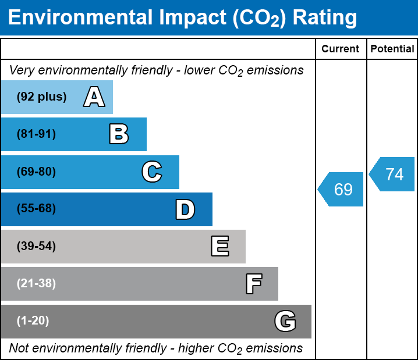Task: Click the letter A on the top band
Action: [x=94, y=97]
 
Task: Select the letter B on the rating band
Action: [x=119, y=134]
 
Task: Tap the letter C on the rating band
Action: [x=151, y=172]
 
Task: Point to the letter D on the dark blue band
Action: [x=185, y=209]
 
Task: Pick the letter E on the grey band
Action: [x=219, y=247]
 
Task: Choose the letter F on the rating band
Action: [x=253, y=284]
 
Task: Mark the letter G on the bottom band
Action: [x=285, y=321]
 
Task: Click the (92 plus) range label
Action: [x=41, y=97]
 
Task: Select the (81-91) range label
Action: [x=36, y=134]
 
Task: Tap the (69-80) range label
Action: [x=36, y=172]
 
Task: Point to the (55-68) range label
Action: [x=36, y=209]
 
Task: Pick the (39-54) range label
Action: [x=36, y=247]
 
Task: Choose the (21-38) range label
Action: [x=36, y=284]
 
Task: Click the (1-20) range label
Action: [x=33, y=321]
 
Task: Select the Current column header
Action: [x=341, y=49]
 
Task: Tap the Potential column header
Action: [x=392, y=49]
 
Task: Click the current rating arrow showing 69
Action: [x=342, y=190]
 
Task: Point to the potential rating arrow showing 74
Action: [x=393, y=174]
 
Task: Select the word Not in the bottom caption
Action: [x=19, y=348]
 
